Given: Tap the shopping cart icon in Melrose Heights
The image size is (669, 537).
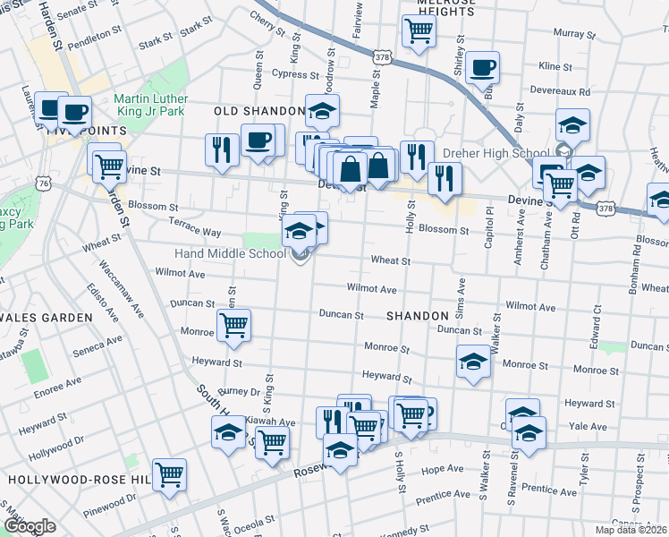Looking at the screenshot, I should tap(418, 32).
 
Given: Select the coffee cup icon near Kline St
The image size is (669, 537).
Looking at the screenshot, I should tap(482, 67).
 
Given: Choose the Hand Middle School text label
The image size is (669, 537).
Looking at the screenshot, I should tap(230, 253).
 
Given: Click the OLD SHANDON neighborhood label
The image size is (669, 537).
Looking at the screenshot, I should tap(259, 111).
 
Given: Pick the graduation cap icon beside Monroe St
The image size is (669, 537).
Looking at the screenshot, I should tap(473, 362).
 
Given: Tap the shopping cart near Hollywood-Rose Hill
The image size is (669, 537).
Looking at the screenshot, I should tap(169, 474).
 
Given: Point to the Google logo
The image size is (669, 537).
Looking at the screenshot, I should tap(30, 526).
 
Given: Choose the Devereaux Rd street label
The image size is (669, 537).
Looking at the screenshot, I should tap(561, 91).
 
